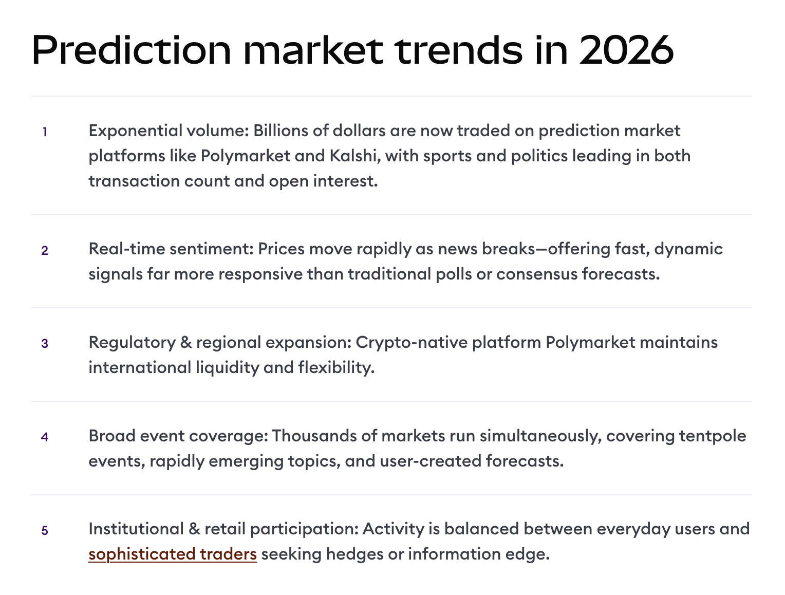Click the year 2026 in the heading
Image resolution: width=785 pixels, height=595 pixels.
click(x=626, y=50)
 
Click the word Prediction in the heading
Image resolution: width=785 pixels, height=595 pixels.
click(x=132, y=50)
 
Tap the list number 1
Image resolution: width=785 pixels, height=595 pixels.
click(x=45, y=132)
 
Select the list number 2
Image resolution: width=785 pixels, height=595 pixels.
click(x=45, y=250)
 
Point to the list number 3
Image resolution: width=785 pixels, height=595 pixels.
click(x=45, y=343)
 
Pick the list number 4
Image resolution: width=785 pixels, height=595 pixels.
click(x=45, y=437)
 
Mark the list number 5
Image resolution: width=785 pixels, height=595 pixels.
click(x=45, y=530)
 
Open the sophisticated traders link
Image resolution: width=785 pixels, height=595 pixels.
click(x=173, y=554)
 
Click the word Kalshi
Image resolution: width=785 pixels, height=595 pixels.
click(x=355, y=156)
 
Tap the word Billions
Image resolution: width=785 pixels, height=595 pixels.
click(x=281, y=131)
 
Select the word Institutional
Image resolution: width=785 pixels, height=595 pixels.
click(x=136, y=529)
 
